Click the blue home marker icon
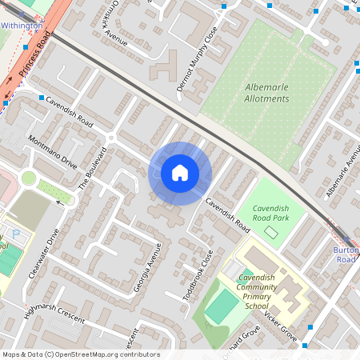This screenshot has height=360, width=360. coord(180,173)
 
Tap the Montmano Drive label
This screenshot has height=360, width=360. coord(52,152)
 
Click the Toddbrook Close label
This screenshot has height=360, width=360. coord(198,274)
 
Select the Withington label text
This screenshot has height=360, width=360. coord(22,26)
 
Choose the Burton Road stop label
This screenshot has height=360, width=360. coord(345,254)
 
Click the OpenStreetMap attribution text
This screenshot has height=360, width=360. coord(80,354)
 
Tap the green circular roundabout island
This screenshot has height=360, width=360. coord(30,178)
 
